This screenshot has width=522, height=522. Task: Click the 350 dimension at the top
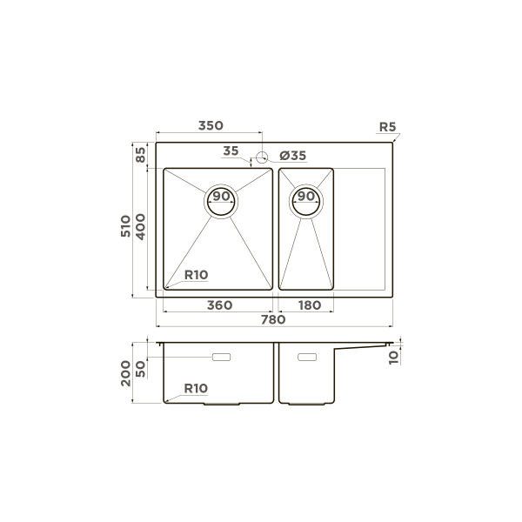[211, 126]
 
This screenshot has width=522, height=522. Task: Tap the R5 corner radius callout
[387, 127]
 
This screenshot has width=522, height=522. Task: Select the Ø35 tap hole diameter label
[292, 156]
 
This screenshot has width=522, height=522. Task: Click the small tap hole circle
[261, 157]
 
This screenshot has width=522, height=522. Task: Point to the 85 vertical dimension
[140, 155]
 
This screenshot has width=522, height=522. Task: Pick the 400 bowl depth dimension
[140, 228]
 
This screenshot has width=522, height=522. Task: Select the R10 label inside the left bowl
[196, 275]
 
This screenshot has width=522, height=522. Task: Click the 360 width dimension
[220, 305]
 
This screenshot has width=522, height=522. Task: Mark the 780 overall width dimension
[273, 320]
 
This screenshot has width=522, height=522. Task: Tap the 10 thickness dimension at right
[394, 355]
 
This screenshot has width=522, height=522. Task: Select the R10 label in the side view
[196, 389]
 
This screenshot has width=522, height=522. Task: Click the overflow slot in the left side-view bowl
[222, 357]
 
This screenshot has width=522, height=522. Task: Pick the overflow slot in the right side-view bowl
[307, 357]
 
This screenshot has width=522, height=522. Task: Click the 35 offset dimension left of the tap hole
[230, 151]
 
